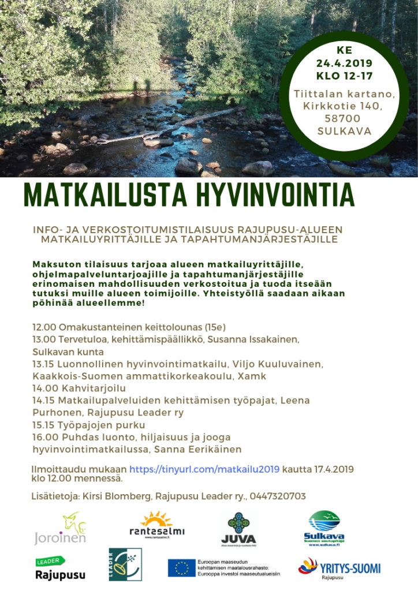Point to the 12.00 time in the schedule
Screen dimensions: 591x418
[44, 327]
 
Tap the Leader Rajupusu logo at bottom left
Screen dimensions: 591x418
[60, 568]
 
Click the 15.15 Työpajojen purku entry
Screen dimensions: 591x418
[89, 425]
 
